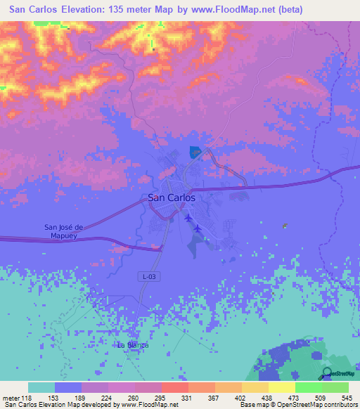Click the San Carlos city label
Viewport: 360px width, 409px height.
coord(172,198)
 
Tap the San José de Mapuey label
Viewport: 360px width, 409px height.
coord(64,231)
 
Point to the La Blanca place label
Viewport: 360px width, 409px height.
coord(133,345)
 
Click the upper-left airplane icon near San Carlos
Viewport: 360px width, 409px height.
coord(188,218)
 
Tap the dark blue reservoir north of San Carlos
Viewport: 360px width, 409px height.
coord(195,151)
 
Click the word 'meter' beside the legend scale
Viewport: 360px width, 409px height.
coord(11,397)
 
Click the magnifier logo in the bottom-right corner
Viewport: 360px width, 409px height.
coord(327,373)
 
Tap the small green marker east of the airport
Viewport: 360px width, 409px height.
coord(284,226)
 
